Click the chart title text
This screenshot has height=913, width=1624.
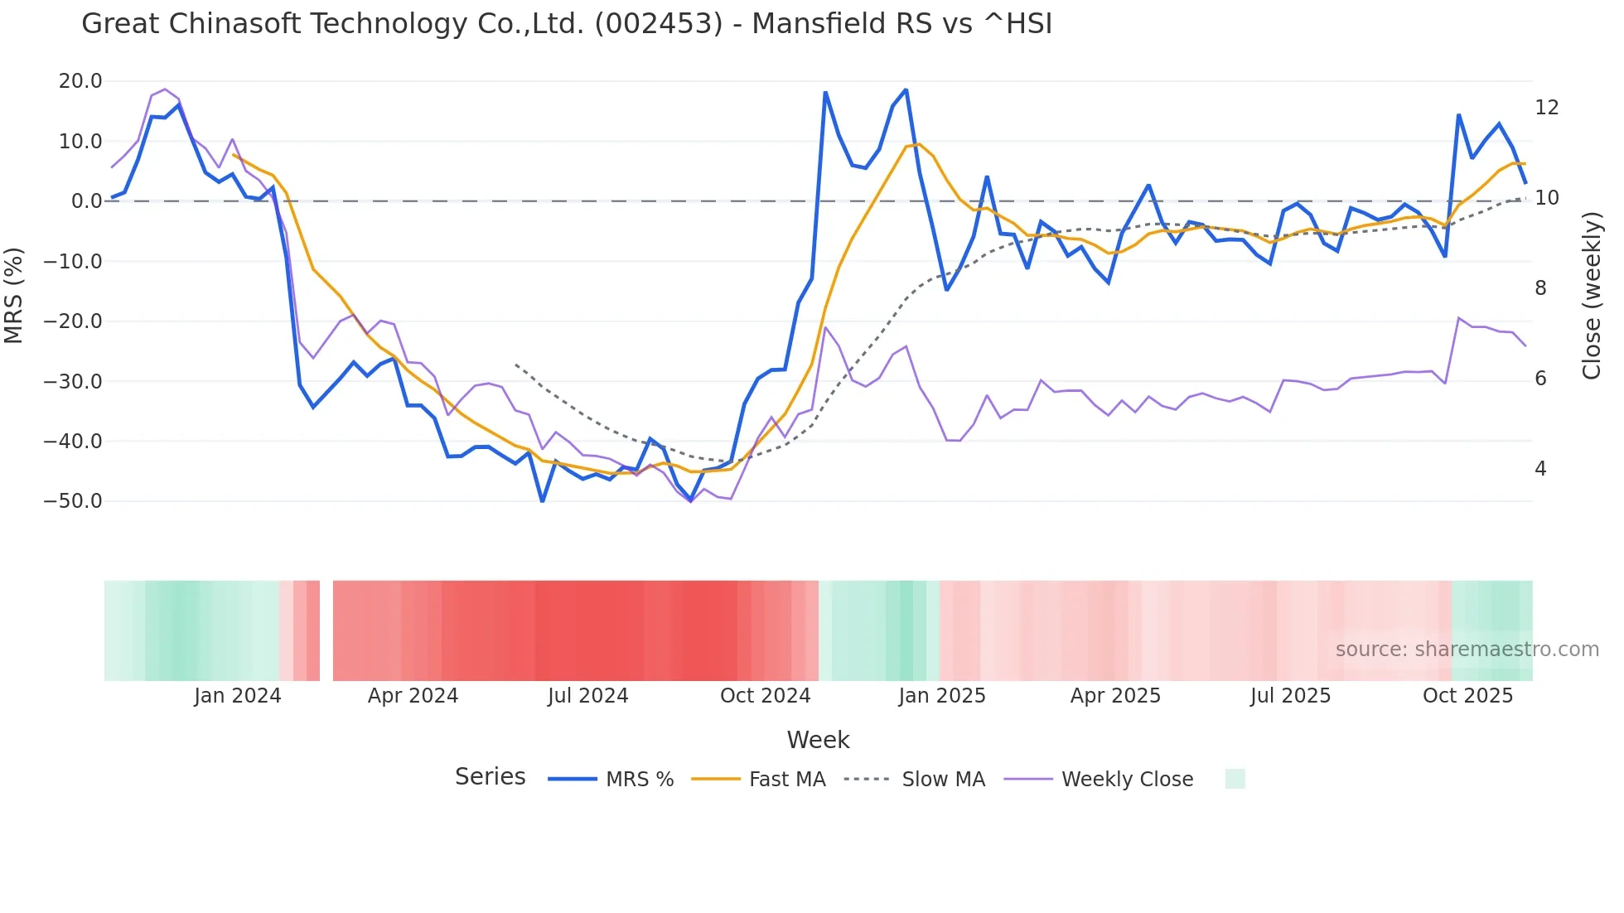(x=567, y=24)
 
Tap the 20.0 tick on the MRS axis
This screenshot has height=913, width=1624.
(x=80, y=81)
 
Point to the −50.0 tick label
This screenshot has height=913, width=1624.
(x=73, y=501)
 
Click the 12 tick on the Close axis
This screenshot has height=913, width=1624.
(x=1546, y=108)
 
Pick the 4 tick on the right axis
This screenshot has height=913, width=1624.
(x=1540, y=469)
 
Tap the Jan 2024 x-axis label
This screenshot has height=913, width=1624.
(x=238, y=696)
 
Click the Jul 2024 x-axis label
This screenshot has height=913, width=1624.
(x=588, y=696)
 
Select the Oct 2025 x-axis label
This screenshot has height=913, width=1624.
(x=1467, y=696)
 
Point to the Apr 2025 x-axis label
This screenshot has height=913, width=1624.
(x=1115, y=696)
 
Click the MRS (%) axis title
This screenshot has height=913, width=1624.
(x=14, y=295)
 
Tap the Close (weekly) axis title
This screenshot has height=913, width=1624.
(x=1592, y=295)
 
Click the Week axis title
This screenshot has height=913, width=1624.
(x=818, y=740)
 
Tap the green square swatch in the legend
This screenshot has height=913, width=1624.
(x=1235, y=779)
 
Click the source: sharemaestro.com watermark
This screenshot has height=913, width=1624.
(x=1467, y=650)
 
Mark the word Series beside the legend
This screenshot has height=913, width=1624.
(x=491, y=777)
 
